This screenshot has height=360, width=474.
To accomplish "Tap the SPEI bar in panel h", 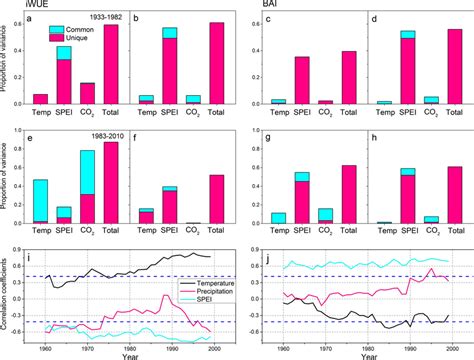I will coord(406,194).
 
